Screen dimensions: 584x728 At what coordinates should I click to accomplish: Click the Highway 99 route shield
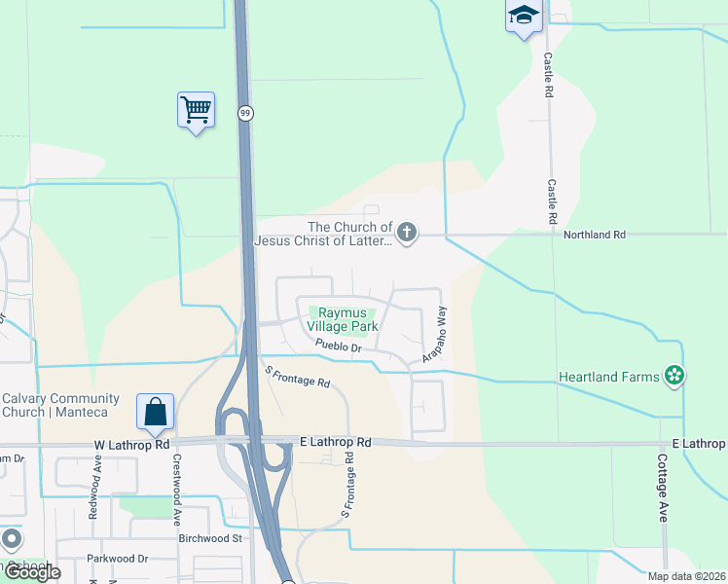coord(246,114)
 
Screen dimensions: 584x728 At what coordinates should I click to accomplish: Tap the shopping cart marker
coord(196,109)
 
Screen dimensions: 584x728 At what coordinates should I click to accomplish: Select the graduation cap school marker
coord(523,16)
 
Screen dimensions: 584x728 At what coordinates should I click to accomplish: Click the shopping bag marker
coord(156,413)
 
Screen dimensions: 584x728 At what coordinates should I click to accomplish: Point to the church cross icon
coord(407,233)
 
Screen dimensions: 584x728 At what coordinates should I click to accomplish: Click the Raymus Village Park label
coord(344,320)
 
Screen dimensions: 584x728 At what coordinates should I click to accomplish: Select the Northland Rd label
coord(594,235)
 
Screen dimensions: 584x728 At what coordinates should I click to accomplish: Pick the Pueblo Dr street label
coord(338,346)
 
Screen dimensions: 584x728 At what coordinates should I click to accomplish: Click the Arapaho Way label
coord(434,336)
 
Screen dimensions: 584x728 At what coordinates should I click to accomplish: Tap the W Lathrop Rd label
coord(131,445)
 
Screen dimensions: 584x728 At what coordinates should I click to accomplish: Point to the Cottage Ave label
coord(662,488)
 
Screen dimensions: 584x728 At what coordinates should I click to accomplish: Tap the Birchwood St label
coord(209,537)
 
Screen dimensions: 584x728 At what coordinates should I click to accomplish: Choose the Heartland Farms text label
coord(609,376)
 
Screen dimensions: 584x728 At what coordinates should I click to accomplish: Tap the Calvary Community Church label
coord(60,405)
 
